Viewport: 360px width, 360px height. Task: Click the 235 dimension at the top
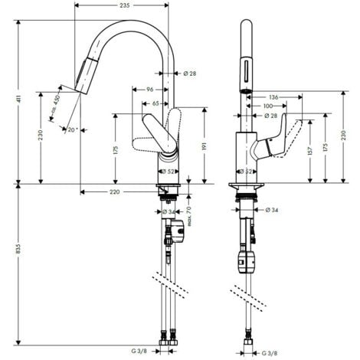point(124,5)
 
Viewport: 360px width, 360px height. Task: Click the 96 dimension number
point(150,89)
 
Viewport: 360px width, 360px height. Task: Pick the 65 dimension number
point(155,102)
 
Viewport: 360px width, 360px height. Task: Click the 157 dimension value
point(309,150)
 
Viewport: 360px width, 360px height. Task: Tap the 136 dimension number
point(273,97)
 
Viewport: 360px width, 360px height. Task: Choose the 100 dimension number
point(268,106)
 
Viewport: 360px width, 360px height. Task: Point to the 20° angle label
point(72,129)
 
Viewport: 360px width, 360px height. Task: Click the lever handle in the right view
point(287,136)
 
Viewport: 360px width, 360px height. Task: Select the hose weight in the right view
point(247,259)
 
